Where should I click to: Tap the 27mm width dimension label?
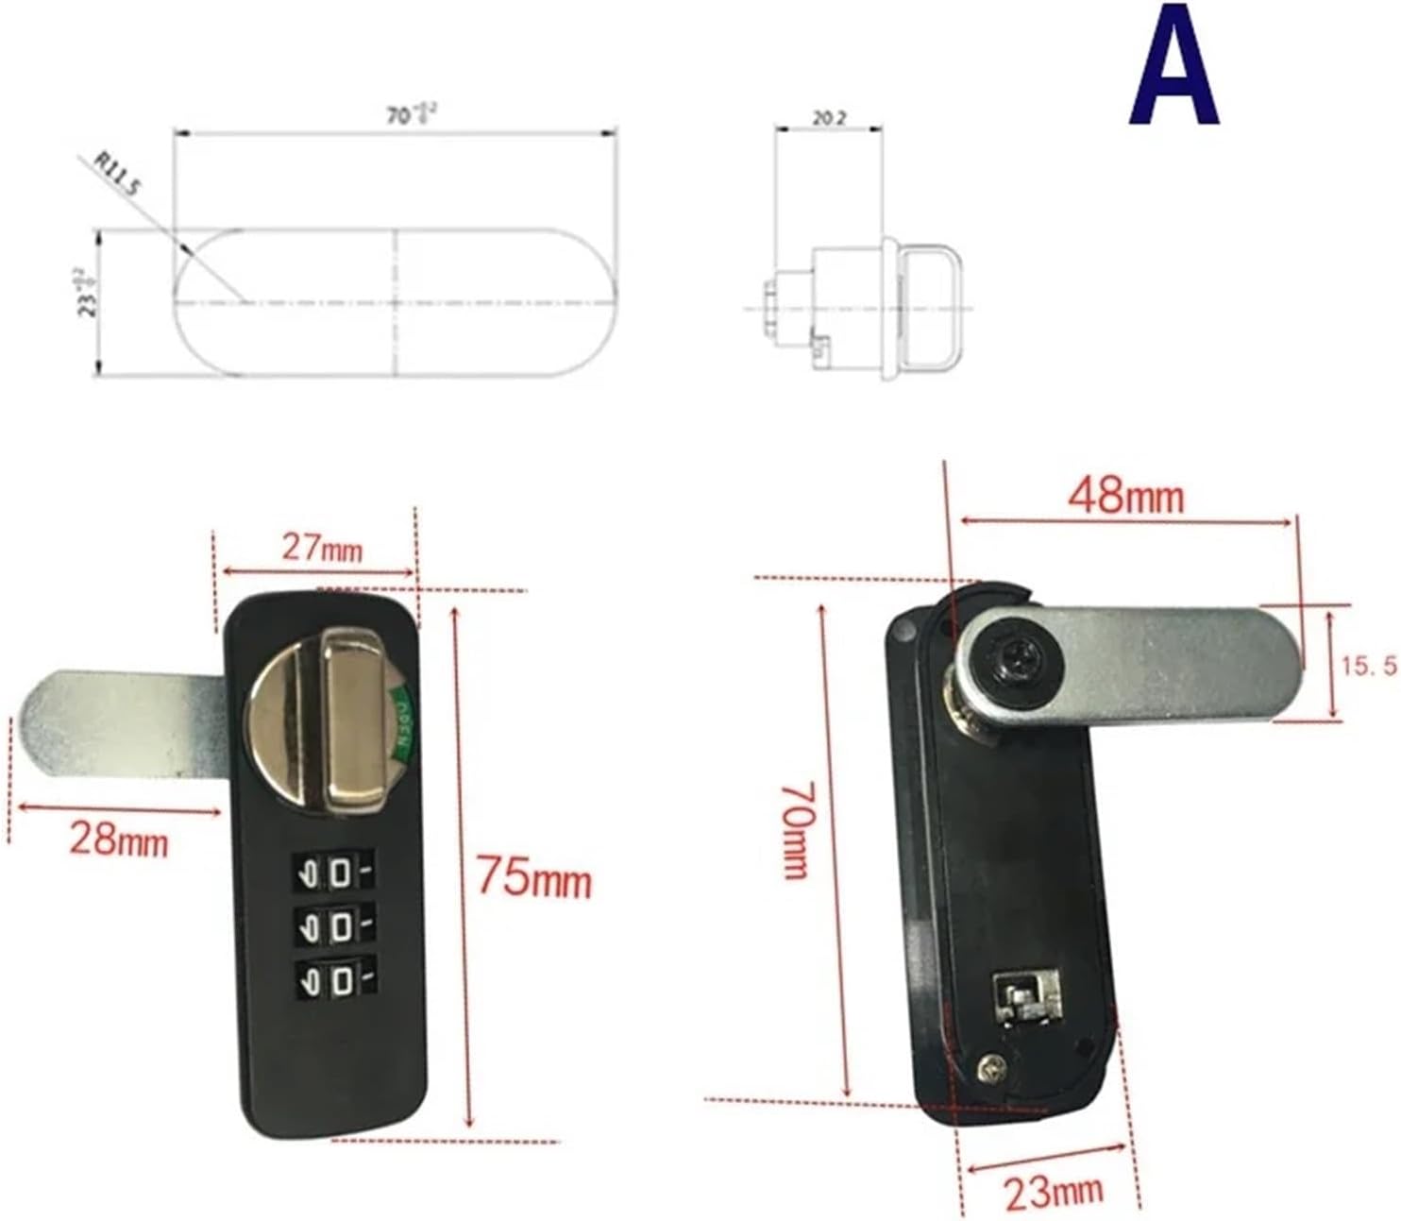tap(321, 547)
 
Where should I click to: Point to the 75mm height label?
tap(532, 877)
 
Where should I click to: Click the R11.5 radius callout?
tap(119, 174)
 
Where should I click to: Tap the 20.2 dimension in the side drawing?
tap(829, 120)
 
